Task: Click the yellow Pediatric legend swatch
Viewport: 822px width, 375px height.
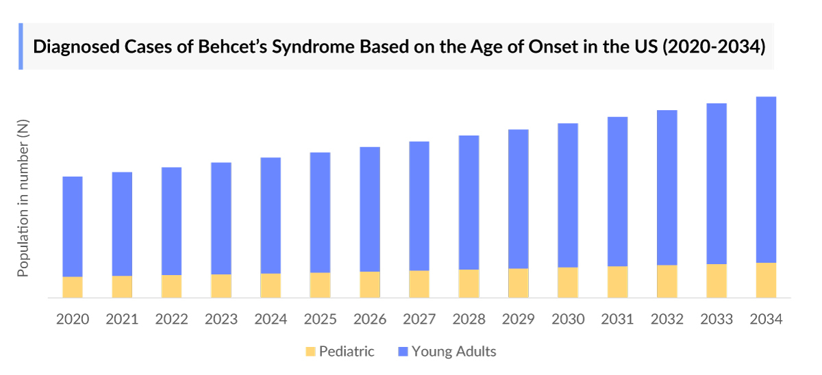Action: tap(310, 352)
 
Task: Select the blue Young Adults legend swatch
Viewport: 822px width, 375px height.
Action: tap(403, 352)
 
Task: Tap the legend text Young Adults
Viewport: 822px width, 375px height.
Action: tap(453, 352)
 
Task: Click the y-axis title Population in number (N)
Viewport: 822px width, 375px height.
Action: tap(23, 198)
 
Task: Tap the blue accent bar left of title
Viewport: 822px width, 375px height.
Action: tap(21, 46)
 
